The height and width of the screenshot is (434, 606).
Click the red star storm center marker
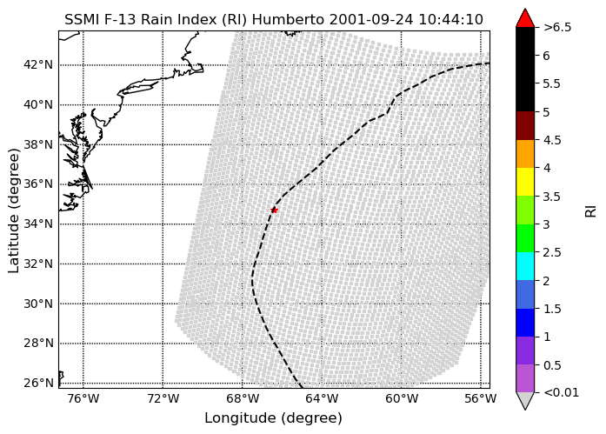[274, 210]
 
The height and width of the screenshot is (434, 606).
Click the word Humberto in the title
[288, 19]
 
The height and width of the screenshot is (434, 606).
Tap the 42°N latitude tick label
[38, 64]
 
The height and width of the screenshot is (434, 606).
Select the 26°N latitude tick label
[38, 383]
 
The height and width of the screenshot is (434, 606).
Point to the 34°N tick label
[38, 224]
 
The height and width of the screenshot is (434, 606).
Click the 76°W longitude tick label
[83, 398]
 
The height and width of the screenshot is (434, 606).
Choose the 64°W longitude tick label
[322, 398]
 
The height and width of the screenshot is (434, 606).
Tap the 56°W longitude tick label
[481, 398]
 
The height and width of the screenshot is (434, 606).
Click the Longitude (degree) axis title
[274, 418]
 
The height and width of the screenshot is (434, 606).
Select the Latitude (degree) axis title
[13, 210]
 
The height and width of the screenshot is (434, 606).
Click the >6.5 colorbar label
[557, 28]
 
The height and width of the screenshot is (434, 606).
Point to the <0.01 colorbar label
[561, 392]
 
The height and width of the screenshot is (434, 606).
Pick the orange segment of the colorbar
[525, 154]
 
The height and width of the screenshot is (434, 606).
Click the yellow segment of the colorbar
[525, 182]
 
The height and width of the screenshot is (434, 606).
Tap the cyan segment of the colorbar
[525, 266]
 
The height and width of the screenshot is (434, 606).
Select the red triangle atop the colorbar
[525, 19]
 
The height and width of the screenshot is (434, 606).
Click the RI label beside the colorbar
[591, 211]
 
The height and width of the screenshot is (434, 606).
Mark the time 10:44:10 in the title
[450, 19]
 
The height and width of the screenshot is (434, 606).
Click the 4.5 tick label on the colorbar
[552, 140]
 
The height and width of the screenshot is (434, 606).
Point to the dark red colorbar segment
[525, 125]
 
